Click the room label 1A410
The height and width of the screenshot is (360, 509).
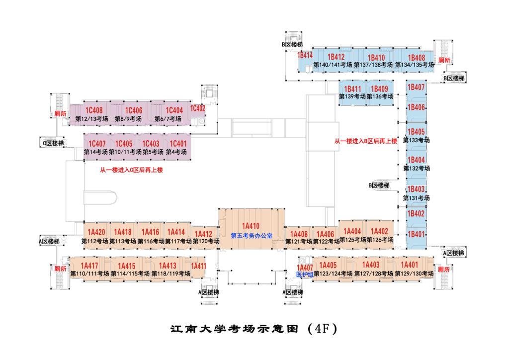[251, 225]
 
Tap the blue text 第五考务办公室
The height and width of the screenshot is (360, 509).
[251, 236]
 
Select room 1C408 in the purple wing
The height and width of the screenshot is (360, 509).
[93, 110]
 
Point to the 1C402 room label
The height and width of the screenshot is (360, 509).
[198, 108]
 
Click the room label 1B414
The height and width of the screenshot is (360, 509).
[305, 56]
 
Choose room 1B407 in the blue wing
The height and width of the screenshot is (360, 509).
[416, 88]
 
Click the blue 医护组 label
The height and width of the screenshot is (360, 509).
[305, 274]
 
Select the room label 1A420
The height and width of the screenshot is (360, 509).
[96, 232]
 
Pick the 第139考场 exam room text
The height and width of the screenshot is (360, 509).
[352, 96]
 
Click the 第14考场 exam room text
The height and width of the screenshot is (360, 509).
[96, 152]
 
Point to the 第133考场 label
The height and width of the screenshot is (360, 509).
[416, 140]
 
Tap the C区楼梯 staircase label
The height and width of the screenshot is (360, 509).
[53, 144]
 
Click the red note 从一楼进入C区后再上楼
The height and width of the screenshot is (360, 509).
[132, 170]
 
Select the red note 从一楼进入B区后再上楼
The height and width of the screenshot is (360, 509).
[365, 142]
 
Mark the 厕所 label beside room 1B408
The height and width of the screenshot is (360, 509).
[444, 60]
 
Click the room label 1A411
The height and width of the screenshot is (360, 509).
[198, 266]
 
